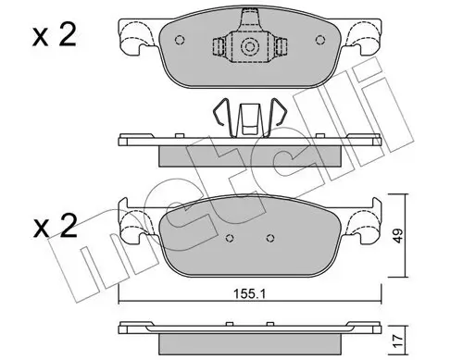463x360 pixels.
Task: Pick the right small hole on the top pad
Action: click(319, 40)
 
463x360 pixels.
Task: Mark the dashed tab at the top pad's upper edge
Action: click(249, 16)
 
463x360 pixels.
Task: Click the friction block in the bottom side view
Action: click(249, 336)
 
